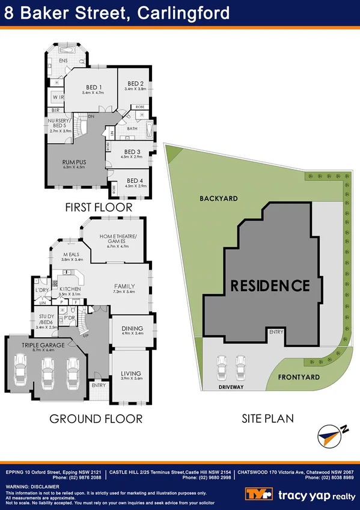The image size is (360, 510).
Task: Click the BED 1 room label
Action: point(93,87)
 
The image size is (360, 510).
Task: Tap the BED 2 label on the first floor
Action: point(135,83)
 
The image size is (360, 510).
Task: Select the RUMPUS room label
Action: point(75,162)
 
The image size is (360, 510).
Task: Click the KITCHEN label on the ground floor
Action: point(70,289)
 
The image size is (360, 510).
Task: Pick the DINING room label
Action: point(132,328)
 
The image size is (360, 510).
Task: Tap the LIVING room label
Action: point(131,373)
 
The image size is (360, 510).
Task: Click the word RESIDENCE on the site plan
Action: point(270,286)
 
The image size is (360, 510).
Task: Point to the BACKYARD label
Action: point(219,198)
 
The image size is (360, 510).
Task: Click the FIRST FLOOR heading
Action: point(99,207)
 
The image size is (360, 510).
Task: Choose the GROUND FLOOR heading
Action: point(96,419)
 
